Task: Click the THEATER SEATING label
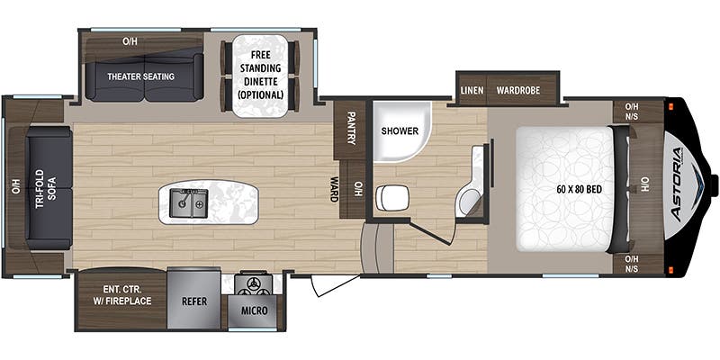tap(141, 76)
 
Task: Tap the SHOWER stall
tap(399, 131)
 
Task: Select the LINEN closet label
tap(472, 91)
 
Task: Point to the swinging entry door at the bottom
tap(333, 286)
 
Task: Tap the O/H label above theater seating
tap(130, 41)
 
